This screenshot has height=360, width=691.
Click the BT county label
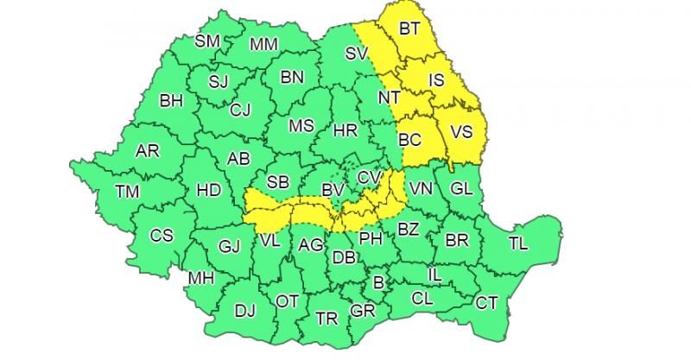tap(409, 28)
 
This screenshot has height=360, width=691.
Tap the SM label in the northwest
tap(207, 41)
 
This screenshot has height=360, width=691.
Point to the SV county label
tap(357, 54)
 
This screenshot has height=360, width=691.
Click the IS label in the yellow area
tap(436, 80)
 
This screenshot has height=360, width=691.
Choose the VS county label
tap(462, 132)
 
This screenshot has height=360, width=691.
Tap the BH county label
tap(171, 100)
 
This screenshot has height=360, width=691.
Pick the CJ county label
tap(240, 110)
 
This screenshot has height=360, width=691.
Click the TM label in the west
tap(127, 191)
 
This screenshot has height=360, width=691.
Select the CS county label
tap(162, 235)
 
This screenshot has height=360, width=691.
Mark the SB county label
tap(277, 182)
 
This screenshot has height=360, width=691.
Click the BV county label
tap(332, 189)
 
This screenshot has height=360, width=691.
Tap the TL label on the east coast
tap(518, 243)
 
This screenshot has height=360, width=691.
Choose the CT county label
tap(487, 303)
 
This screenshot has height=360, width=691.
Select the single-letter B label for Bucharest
tap(377, 281)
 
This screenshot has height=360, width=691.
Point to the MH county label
tap(200, 278)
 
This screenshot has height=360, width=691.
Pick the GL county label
tap(462, 188)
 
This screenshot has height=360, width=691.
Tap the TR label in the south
tap(326, 319)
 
